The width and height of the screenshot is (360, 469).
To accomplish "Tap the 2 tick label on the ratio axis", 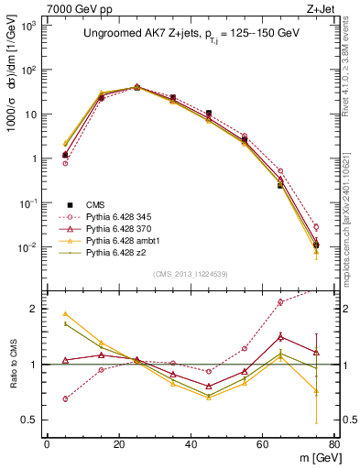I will click(37, 309).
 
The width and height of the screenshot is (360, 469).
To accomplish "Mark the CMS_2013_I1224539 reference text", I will click(191, 273).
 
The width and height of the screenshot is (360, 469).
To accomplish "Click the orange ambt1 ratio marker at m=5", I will click(65, 313).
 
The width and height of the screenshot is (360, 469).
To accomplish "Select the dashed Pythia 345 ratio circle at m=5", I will click(65, 398).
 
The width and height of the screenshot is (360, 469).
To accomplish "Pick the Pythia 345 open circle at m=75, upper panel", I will click(316, 226).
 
